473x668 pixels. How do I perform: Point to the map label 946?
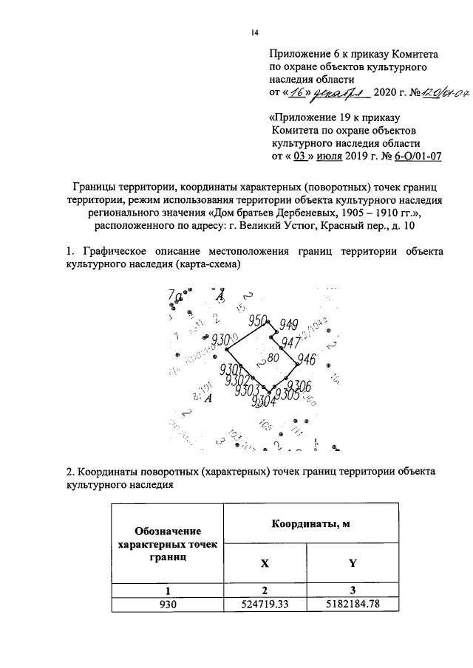tap(305, 360)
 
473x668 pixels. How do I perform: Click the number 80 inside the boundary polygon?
tap(273, 358)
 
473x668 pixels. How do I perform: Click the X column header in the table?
tap(264, 563)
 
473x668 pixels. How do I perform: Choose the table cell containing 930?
tap(167, 605)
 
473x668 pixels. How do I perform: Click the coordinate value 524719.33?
tap(264, 605)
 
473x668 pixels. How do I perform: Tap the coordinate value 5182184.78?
tap(353, 605)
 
